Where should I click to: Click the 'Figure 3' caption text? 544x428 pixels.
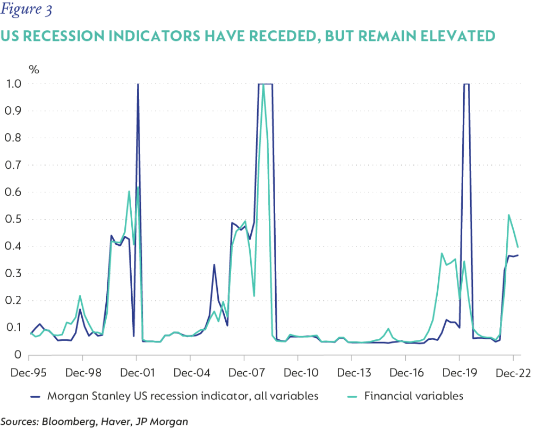pyautogui.click(x=26, y=10)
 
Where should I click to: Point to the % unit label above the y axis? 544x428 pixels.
pyautogui.click(x=34, y=69)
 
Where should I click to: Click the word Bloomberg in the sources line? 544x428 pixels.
pyautogui.click(x=68, y=421)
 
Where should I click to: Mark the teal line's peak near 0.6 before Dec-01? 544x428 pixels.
pyautogui.click(x=129, y=191)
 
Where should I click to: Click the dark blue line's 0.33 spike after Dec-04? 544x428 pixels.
pyautogui.click(x=214, y=264)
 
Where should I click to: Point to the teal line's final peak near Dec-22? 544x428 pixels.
pyautogui.click(x=509, y=215)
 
